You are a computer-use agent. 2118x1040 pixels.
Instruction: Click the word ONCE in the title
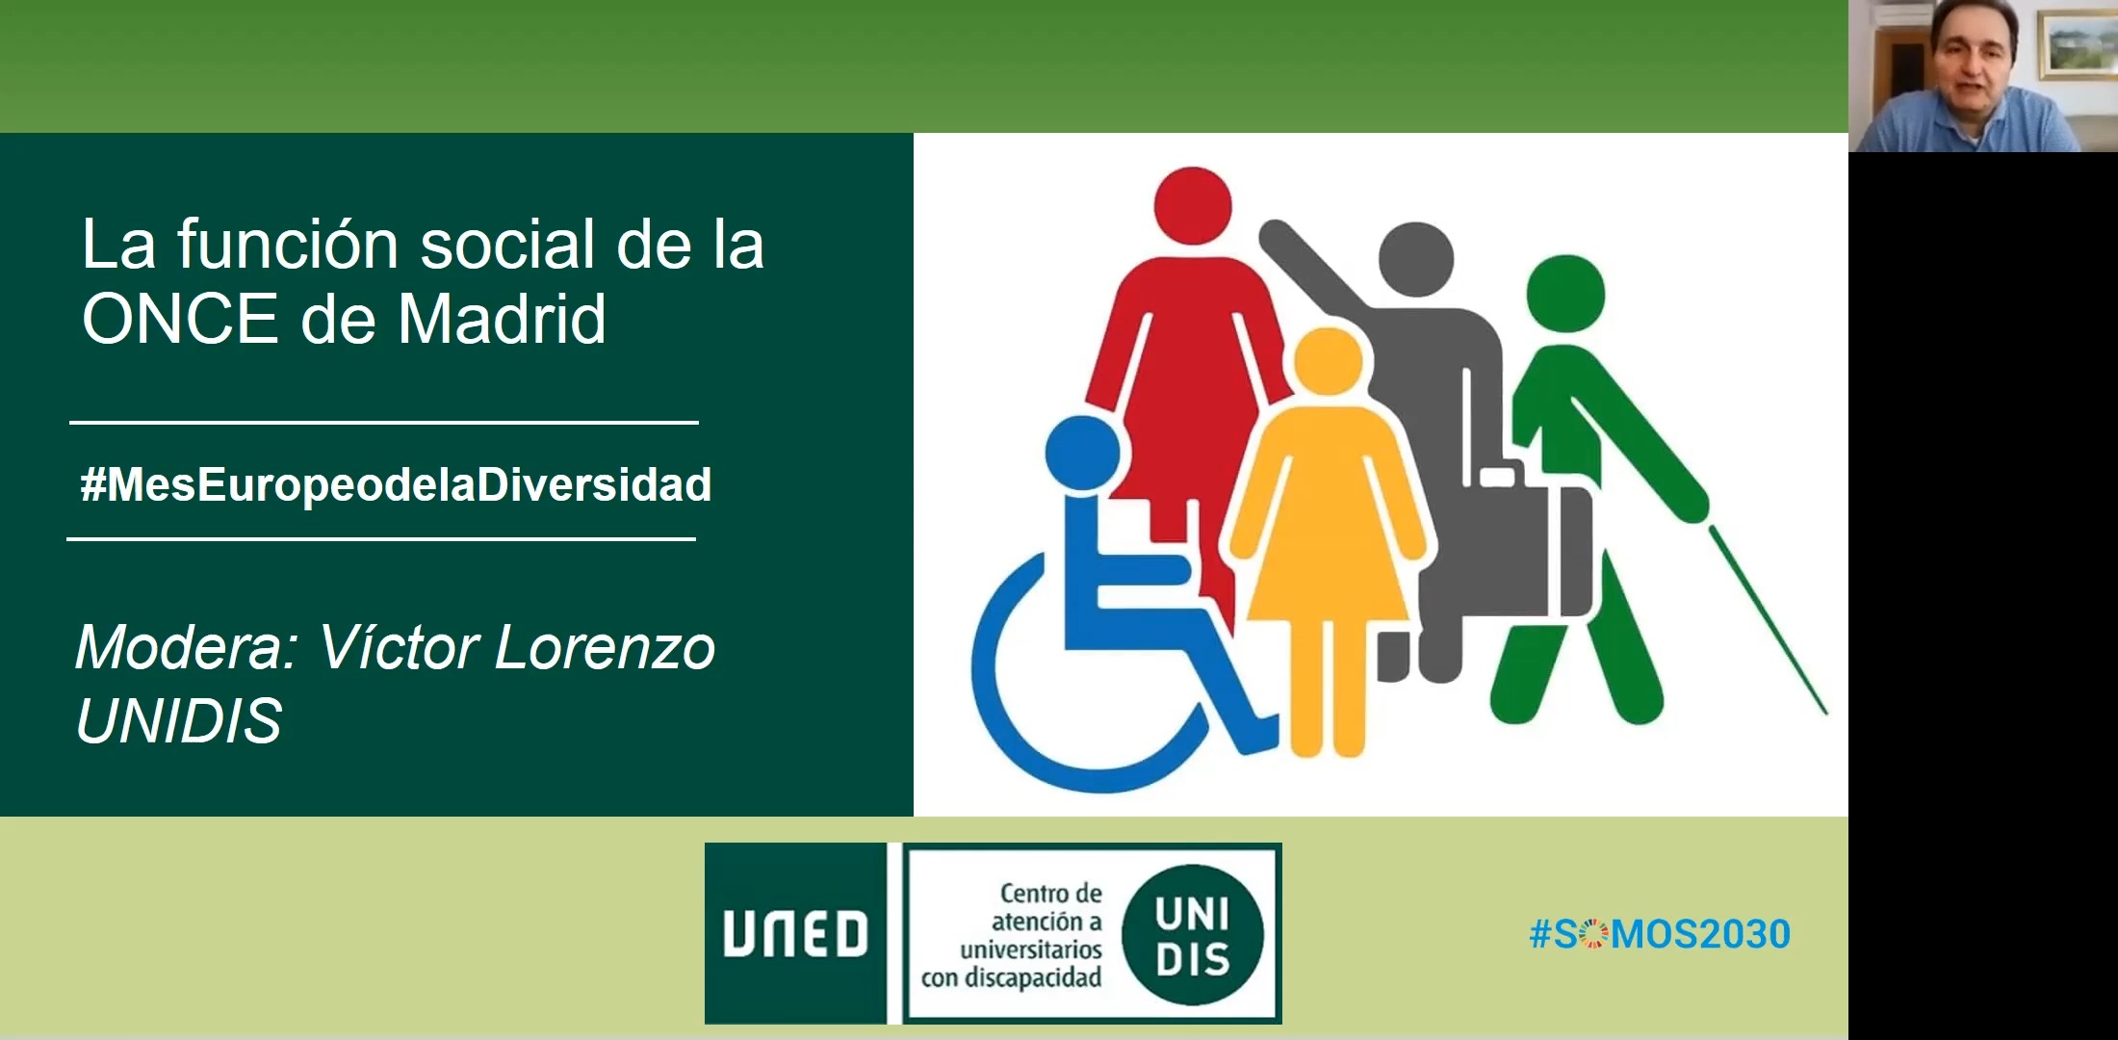[x=180, y=319]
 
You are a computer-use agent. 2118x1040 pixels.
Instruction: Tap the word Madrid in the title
[x=502, y=319]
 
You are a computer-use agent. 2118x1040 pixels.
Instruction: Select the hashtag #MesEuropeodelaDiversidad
[x=396, y=484]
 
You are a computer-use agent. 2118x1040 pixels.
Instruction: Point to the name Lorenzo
[x=605, y=647]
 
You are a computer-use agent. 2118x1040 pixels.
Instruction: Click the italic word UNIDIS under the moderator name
[x=179, y=720]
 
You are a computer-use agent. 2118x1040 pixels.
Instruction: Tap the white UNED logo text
[x=795, y=934]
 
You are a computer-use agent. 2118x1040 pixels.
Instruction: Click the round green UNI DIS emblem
[x=1193, y=934]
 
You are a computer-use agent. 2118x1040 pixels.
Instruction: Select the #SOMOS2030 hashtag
[x=1660, y=934]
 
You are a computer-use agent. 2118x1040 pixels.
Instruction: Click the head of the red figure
[x=1193, y=206]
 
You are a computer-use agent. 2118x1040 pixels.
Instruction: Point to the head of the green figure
[x=1566, y=294]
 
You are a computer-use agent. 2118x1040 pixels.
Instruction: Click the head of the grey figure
[x=1415, y=260]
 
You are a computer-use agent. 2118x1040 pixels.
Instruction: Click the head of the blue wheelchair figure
[x=1082, y=454]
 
